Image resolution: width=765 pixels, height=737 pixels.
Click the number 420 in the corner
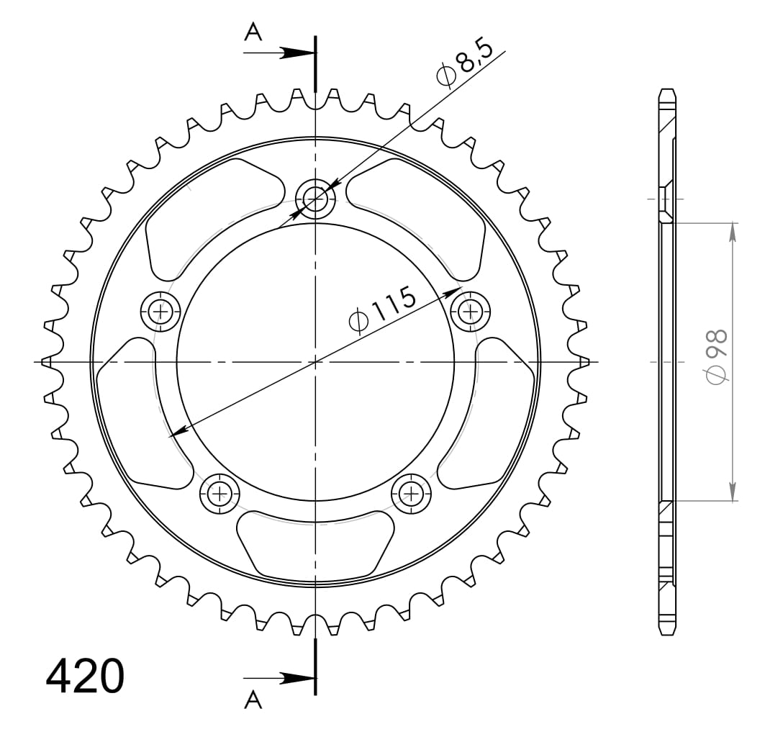(85, 677)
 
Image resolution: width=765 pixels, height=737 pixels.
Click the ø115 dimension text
(382, 310)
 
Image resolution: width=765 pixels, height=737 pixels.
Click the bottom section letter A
(253, 700)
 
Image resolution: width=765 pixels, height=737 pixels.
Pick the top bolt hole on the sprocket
(315, 195)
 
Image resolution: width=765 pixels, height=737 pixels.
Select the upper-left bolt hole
(160, 312)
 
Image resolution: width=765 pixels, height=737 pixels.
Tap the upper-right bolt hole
(471, 311)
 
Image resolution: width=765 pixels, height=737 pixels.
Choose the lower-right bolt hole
(412, 493)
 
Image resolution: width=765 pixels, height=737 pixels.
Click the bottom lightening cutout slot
(315, 543)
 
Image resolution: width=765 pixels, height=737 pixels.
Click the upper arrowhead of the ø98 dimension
(733, 231)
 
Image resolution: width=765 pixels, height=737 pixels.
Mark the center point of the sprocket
(315, 361)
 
